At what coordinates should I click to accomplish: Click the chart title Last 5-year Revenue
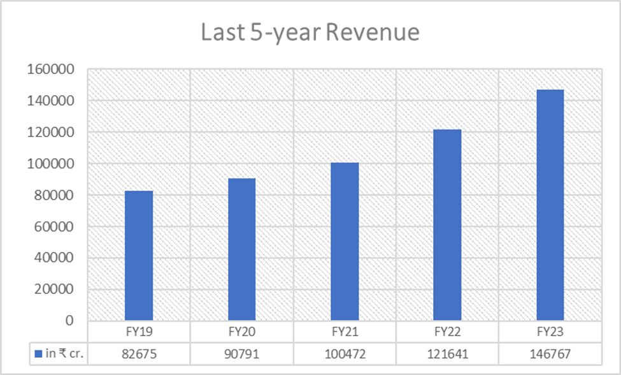tap(310, 33)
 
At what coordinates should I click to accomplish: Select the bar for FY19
tap(139, 255)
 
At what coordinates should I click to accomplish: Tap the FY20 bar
tap(241, 249)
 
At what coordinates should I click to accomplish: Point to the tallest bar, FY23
tap(550, 205)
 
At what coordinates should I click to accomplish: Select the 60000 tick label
tap(53, 226)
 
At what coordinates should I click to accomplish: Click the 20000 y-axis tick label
tap(53, 290)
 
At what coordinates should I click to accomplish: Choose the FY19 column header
tap(139, 332)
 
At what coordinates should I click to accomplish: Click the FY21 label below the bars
tap(345, 332)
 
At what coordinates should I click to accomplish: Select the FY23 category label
tap(550, 332)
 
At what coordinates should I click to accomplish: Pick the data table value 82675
tap(139, 353)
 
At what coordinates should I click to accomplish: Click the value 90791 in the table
tap(241, 353)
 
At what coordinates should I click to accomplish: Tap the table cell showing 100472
tap(345, 353)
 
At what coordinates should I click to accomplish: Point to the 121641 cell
tap(447, 353)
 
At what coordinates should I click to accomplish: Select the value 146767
tap(550, 353)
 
